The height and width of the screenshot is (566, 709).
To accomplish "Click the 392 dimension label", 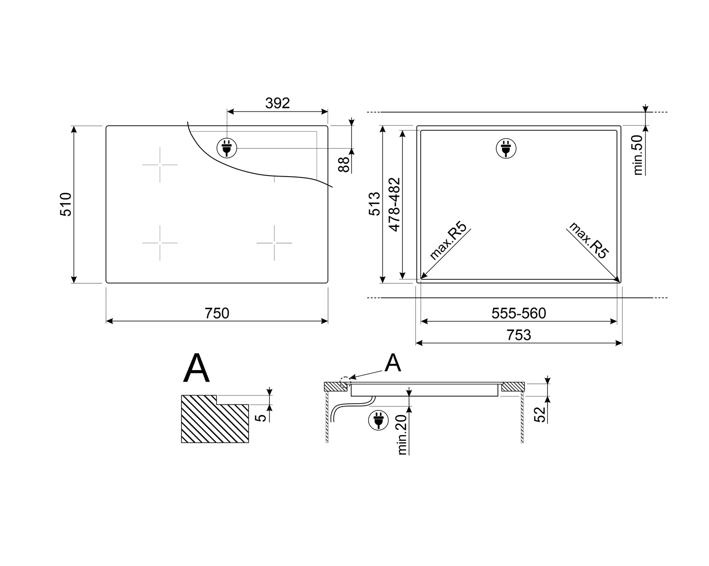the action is coord(277,103).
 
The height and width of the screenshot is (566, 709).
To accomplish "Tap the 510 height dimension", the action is coord(66,204).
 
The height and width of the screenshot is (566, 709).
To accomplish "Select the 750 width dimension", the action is coord(217,313).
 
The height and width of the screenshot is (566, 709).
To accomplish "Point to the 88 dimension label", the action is coord(344,164).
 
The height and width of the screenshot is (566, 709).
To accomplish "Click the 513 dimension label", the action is coord(374,204).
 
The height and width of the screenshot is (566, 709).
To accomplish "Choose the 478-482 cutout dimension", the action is coord(395,204).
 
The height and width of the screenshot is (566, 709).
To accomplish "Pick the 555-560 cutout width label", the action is coord(519,313).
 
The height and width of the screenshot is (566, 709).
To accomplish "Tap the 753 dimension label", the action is coord(519,335).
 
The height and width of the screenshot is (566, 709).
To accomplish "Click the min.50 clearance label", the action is coord(638,155).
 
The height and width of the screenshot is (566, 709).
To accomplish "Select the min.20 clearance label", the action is coord(402,435).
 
